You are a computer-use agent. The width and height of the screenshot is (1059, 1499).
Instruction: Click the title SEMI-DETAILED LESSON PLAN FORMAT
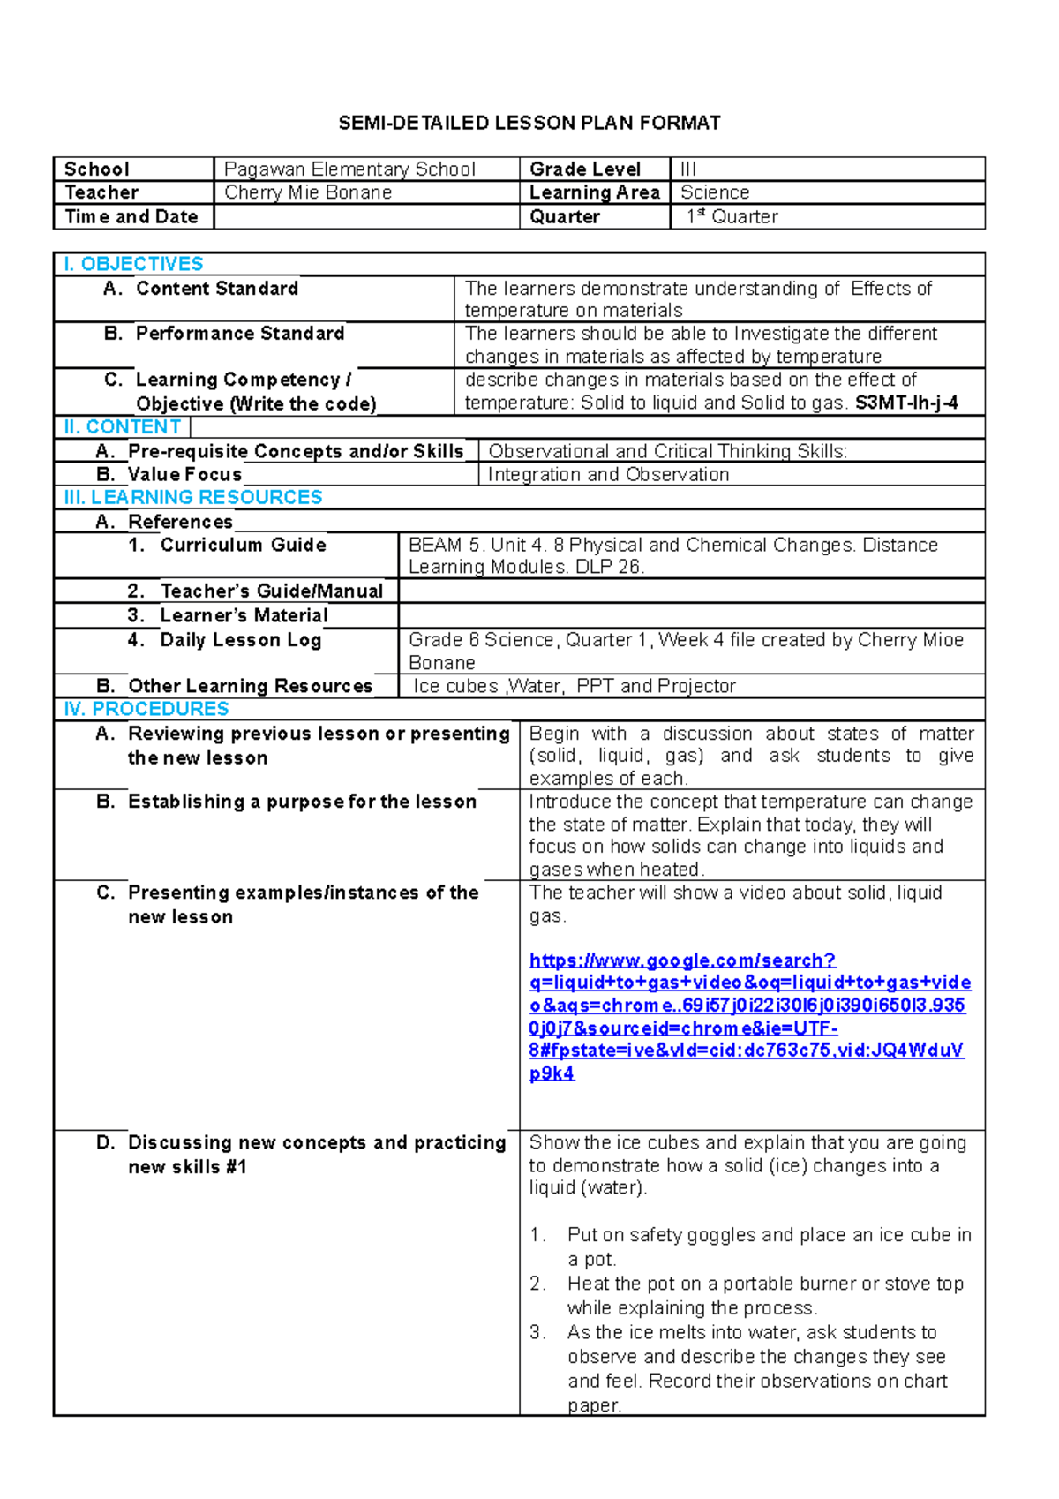tap(529, 123)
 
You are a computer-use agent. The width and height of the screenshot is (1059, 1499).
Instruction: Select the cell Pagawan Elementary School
tap(349, 169)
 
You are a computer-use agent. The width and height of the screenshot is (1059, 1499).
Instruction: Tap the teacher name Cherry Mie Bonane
tap(308, 192)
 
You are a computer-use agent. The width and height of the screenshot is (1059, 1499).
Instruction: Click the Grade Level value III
tap(688, 169)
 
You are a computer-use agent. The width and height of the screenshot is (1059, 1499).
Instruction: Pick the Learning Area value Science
tap(715, 192)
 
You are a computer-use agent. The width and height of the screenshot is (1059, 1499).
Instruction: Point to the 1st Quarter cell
tap(732, 216)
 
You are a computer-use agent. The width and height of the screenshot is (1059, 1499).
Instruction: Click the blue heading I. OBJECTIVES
tap(133, 264)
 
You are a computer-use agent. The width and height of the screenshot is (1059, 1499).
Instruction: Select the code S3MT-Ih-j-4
tap(906, 403)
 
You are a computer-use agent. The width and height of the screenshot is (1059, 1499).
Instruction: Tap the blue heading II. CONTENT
tap(122, 426)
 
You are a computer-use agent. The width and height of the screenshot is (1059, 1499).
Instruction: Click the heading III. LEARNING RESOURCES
tap(193, 497)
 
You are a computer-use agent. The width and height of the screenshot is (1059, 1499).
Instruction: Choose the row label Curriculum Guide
tap(243, 545)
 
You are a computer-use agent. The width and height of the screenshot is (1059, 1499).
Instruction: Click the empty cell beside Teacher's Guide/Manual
tap(691, 591)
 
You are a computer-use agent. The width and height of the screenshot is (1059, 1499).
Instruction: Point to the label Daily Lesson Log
tap(240, 640)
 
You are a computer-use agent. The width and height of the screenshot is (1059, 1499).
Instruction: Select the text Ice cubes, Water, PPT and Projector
tap(574, 686)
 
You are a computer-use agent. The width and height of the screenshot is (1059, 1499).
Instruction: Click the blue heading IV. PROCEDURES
tap(146, 709)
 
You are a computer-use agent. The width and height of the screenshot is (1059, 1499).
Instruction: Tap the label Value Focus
tap(184, 474)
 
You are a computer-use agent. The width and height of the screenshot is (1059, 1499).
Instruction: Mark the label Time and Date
tap(131, 216)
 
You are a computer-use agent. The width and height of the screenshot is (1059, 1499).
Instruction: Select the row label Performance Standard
tap(239, 334)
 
